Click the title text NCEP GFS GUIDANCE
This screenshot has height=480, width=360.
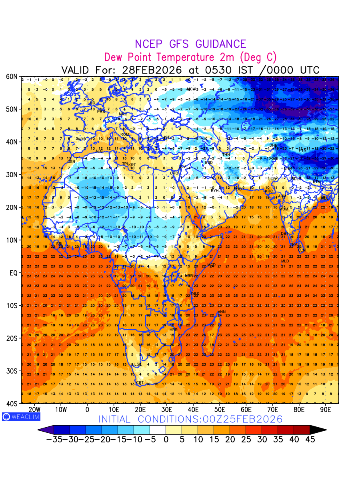pos(190,44)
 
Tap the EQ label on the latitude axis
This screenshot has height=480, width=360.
pos(14,273)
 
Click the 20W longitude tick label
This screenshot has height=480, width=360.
pos(34,410)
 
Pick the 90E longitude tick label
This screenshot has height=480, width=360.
pos(326,410)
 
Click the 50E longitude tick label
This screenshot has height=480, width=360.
pos(220,410)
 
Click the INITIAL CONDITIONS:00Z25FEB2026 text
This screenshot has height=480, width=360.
pos(190,419)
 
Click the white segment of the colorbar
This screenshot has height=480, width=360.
pos(158,430)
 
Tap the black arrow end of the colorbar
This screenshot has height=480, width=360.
pos(318,430)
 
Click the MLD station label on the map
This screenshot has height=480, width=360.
pos(285,261)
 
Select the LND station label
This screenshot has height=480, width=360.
pos(92,103)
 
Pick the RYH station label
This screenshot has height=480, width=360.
pos(215,191)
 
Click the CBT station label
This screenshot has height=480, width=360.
pos(140,383)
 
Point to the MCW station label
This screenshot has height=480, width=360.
pos(192,89)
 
